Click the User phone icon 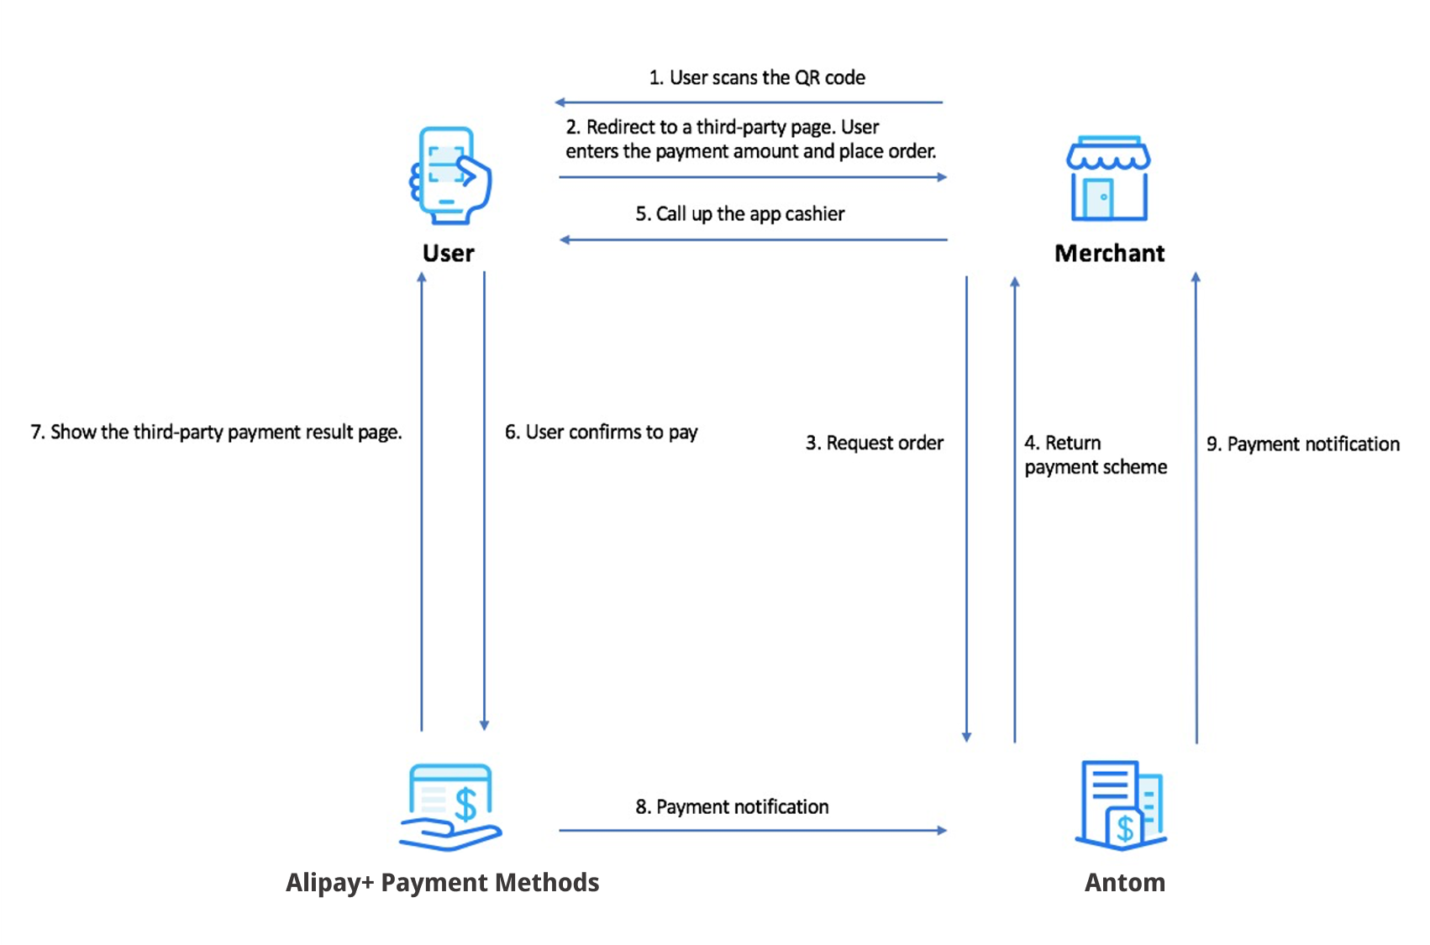click(450, 176)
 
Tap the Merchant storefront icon click(1108, 179)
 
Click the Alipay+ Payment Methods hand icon click(450, 806)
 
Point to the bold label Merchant click(1109, 253)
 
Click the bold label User click(448, 253)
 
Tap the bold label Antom click(1124, 882)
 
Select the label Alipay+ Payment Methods click(442, 882)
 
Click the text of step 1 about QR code click(756, 78)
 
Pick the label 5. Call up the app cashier click(739, 214)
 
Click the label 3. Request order click(874, 443)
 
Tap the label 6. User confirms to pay click(601, 432)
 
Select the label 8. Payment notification click(731, 806)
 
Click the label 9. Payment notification click(1302, 444)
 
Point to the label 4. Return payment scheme click(1095, 454)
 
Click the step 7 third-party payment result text click(216, 432)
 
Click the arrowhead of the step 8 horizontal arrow click(943, 830)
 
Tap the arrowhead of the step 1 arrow click(560, 102)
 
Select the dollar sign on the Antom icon click(1124, 828)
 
